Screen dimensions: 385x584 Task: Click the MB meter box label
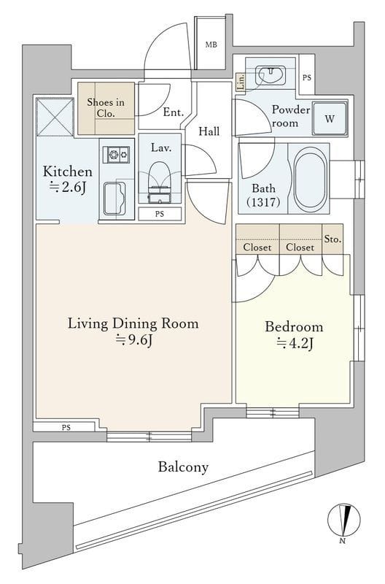point(211,45)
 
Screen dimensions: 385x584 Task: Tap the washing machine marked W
point(330,118)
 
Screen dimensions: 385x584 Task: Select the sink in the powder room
point(271,75)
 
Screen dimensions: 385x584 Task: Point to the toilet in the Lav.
point(160,182)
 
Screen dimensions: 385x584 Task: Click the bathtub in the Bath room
point(311,179)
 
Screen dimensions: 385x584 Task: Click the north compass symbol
point(343,521)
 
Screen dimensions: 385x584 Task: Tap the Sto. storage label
point(332,239)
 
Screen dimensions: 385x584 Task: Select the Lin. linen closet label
point(241,81)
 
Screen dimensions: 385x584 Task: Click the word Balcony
point(184,467)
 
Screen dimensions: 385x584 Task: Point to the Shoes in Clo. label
point(106,107)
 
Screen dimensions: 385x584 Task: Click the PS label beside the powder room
point(306,78)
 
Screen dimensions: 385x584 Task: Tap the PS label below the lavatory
point(160,214)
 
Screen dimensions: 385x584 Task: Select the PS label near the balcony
point(66,428)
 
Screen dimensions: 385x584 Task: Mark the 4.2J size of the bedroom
point(295,343)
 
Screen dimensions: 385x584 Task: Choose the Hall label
point(209,131)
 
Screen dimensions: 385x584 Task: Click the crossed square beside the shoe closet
point(55,117)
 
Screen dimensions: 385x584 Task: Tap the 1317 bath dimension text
point(263,202)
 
